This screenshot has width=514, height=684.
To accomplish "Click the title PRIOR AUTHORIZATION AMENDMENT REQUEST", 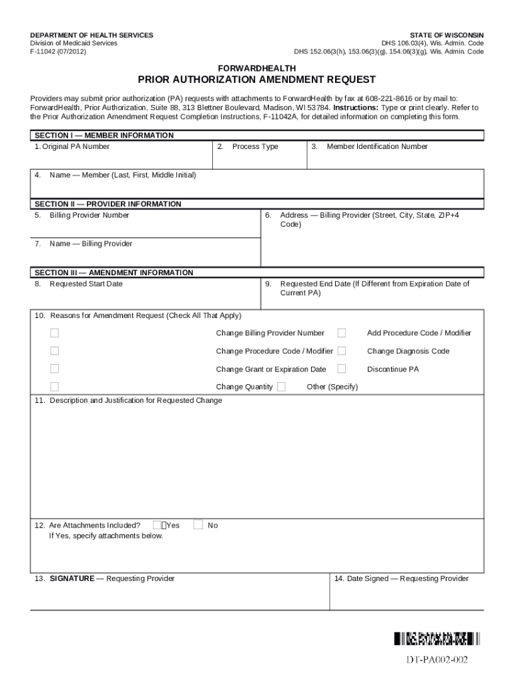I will coord(256,79).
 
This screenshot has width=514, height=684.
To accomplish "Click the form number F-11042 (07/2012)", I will coord(57,51).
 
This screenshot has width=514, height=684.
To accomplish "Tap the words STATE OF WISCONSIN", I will coord(447,35).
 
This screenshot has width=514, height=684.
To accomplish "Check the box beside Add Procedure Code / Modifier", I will coord(342,333).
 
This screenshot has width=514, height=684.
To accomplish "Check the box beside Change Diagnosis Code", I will coord(342,351).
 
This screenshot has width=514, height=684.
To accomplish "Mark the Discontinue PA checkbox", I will coord(342,369).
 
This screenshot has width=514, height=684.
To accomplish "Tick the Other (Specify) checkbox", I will coord(282,387).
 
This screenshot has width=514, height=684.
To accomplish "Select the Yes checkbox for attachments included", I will coord(158,525).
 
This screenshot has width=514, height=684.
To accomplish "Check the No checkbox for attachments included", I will coord(198,525).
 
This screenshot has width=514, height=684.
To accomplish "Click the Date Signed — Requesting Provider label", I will coord(401,578).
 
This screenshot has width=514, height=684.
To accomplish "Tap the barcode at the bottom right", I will coord(437,639).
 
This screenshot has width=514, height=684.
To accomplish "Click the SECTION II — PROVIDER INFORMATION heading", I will coord(107,204).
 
